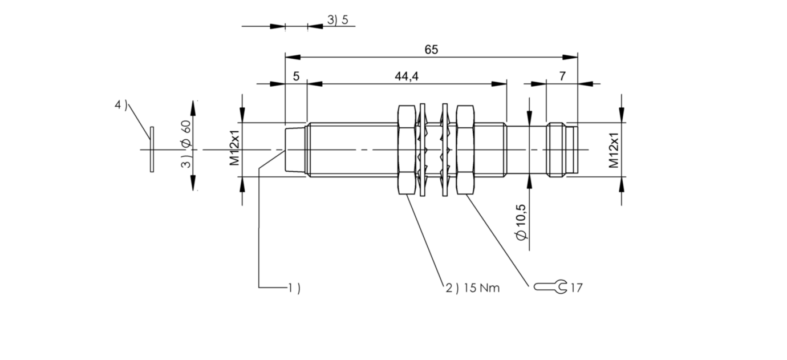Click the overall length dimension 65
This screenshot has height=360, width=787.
tap(431, 50)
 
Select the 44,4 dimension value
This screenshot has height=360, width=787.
tap(407, 76)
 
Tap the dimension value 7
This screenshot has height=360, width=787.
tap(562, 76)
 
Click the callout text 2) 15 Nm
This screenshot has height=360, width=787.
tap(472, 288)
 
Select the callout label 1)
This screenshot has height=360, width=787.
tap(294, 288)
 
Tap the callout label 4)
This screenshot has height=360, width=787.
tap(121, 105)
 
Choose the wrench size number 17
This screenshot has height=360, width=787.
tap(576, 288)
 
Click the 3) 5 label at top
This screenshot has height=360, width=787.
tap(341, 21)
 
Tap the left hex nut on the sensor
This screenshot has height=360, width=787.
tap(406, 149)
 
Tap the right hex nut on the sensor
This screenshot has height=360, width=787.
tap(465, 149)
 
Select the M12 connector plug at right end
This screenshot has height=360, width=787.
tap(562, 149)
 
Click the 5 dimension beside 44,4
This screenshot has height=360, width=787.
tap(296, 76)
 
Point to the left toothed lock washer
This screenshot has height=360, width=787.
tap(423, 149)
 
